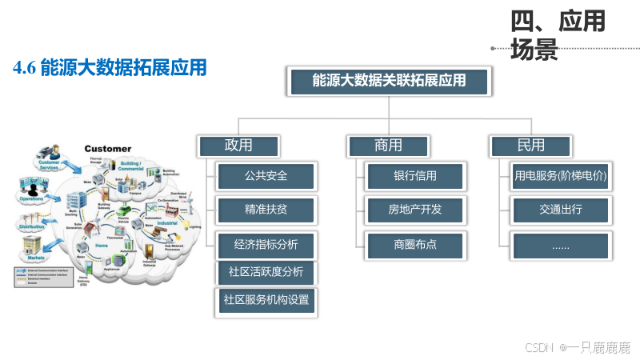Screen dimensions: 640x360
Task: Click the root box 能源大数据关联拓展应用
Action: click(x=388, y=81)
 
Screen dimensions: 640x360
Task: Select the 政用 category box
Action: click(x=238, y=146)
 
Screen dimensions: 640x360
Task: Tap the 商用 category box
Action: click(x=388, y=146)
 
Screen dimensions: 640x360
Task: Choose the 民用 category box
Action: click(x=530, y=146)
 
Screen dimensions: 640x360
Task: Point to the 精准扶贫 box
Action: click(x=266, y=210)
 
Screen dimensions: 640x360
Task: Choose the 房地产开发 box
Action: click(x=414, y=210)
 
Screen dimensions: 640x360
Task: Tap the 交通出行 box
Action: click(x=560, y=210)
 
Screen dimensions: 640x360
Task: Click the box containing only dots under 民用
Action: click(x=560, y=246)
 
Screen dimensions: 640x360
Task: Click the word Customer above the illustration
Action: click(x=108, y=149)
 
